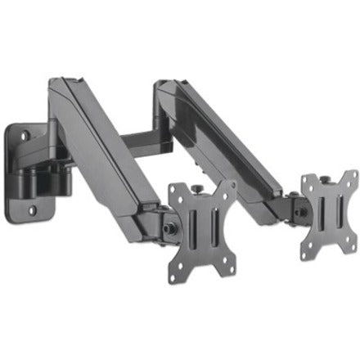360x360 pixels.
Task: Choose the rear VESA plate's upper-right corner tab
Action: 352,175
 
